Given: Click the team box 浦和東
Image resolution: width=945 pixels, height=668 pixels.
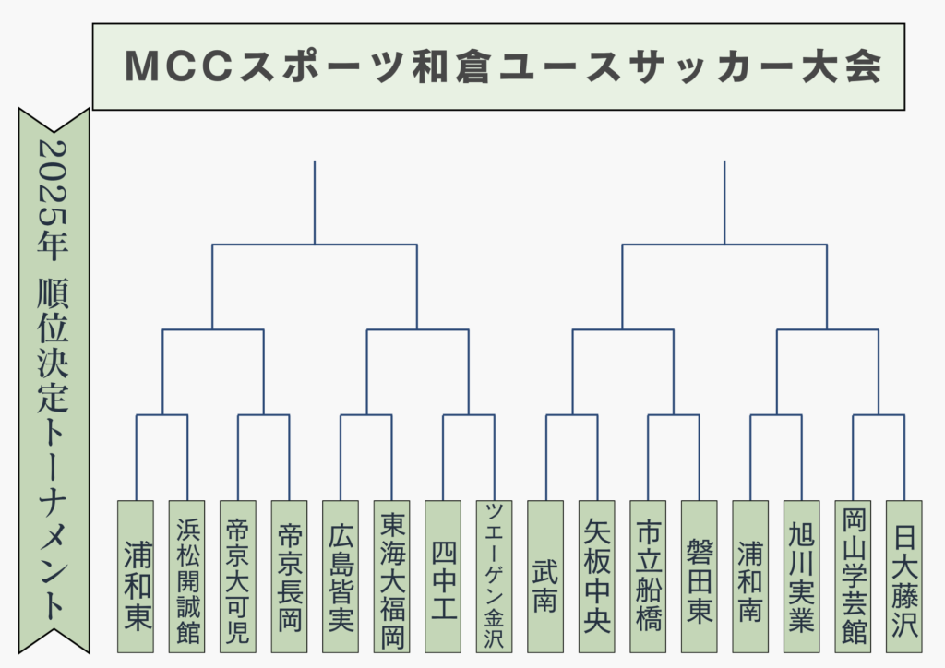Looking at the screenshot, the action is click(x=136, y=577).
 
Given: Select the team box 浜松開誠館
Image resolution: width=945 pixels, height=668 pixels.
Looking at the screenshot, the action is click(x=186, y=577).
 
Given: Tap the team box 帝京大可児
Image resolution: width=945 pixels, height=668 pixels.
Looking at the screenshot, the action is click(x=238, y=577).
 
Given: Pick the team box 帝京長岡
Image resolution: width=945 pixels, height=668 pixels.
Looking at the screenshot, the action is click(x=289, y=577).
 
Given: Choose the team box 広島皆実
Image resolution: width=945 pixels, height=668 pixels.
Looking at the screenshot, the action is click(x=341, y=577).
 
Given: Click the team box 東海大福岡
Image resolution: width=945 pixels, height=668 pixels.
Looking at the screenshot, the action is click(x=391, y=577).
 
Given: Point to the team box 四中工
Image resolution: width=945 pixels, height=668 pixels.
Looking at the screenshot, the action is click(x=443, y=577).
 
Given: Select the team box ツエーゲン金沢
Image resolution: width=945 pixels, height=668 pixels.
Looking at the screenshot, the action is click(x=495, y=577).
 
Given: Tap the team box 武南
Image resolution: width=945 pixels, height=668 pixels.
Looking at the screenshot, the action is click(x=545, y=577).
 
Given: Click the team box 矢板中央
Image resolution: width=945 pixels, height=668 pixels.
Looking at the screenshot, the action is click(x=597, y=577).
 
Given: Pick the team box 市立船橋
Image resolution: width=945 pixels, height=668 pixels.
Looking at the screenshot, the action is click(x=648, y=577).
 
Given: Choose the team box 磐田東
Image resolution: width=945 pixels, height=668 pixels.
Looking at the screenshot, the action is click(x=700, y=577).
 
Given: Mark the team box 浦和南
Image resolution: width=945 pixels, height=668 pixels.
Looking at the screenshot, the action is click(x=750, y=577).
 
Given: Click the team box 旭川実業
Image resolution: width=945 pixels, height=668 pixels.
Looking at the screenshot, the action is click(x=802, y=577).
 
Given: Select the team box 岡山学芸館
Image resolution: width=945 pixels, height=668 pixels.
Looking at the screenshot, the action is click(x=853, y=577).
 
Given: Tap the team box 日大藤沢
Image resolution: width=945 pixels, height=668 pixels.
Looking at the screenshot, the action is click(x=904, y=577).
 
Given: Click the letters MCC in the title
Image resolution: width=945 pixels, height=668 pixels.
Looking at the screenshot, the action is click(x=179, y=66).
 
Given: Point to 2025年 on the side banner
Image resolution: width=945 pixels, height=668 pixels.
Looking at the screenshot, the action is click(x=53, y=200).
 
